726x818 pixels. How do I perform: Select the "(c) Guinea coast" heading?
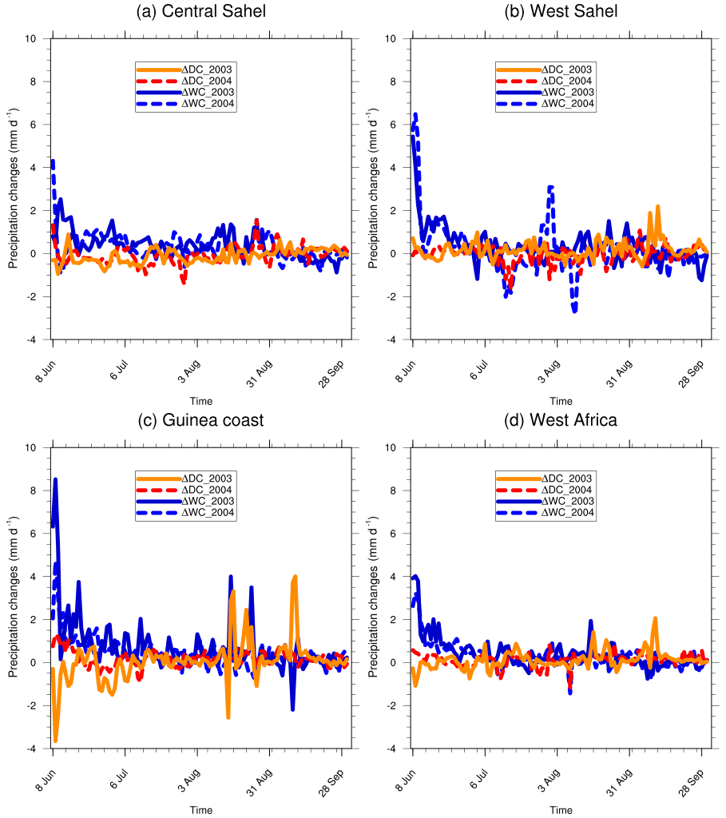200,420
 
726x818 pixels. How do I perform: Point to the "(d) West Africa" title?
561,420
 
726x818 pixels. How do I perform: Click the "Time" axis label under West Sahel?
561,401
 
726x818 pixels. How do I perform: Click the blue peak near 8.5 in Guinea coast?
55,479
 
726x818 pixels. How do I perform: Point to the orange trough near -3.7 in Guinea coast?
55,741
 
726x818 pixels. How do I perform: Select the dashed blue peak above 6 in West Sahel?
415,114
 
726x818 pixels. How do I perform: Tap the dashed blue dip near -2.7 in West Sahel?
575,310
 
